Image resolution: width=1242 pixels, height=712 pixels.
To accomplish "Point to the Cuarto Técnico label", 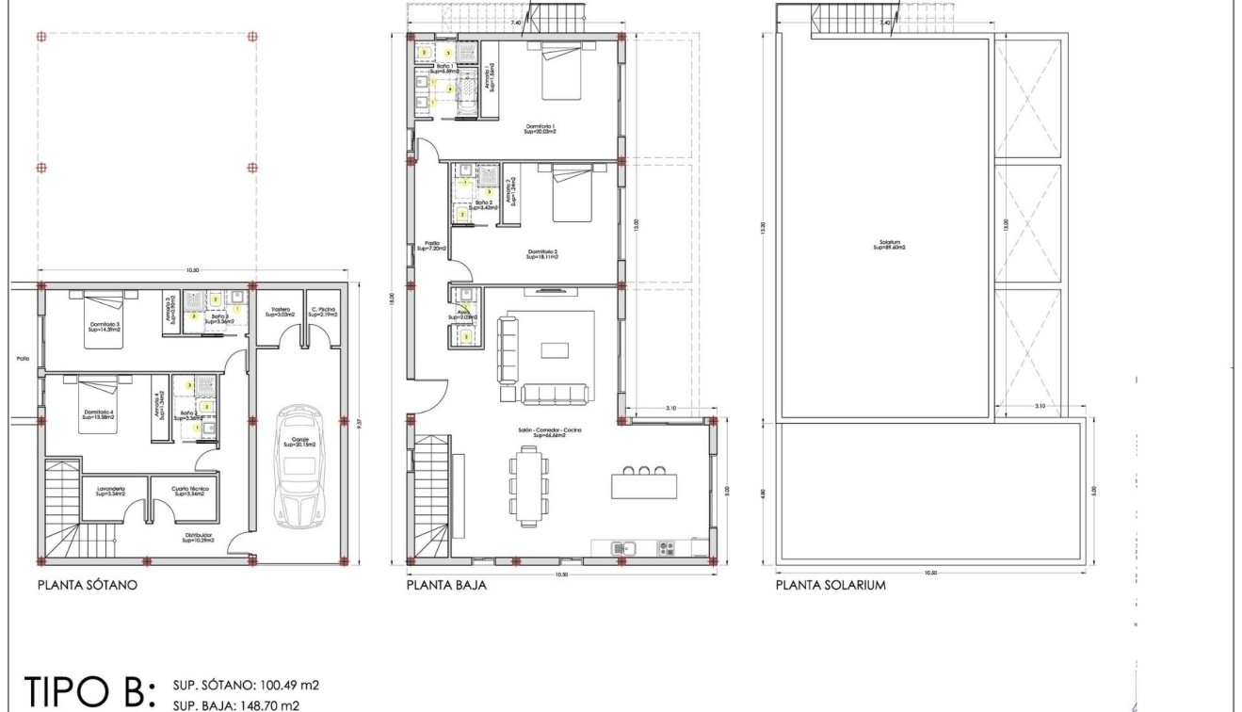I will [x=188, y=491].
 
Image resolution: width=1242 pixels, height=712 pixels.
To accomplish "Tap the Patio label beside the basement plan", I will [x=23, y=358].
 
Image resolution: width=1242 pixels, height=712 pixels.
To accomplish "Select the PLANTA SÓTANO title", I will [x=88, y=585].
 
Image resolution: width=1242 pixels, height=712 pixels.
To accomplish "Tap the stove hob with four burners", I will [x=666, y=547].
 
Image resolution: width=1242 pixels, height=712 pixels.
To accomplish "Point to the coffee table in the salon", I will [x=554, y=350].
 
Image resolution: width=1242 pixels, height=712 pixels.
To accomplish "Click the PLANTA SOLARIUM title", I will [x=831, y=585].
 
